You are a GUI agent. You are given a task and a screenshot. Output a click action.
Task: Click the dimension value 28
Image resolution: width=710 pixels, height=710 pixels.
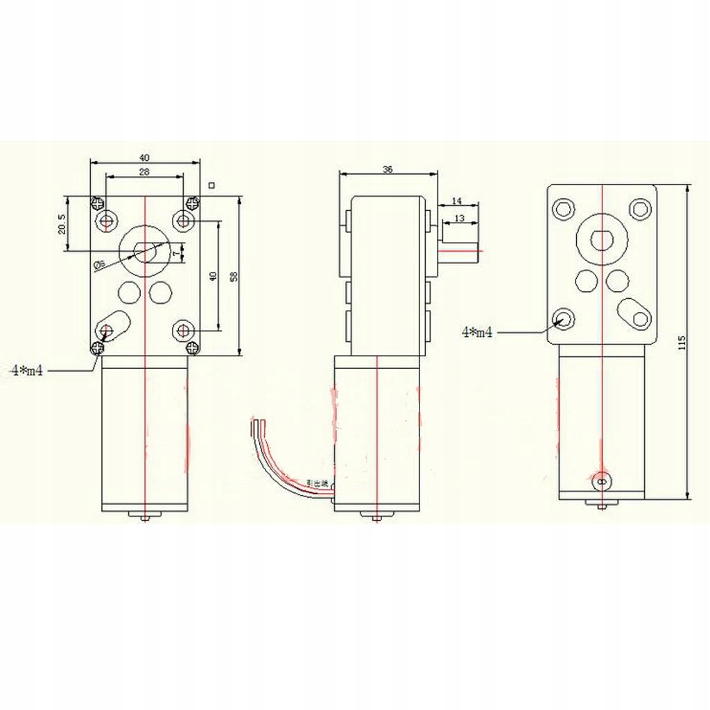tap(144, 172)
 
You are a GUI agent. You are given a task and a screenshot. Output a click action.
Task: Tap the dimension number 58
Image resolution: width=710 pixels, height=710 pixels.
tap(234, 275)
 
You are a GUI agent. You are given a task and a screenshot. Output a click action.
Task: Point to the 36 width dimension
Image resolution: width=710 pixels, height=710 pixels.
tap(388, 169)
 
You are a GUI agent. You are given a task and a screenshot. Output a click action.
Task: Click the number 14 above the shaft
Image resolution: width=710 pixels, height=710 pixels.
tap(456, 200)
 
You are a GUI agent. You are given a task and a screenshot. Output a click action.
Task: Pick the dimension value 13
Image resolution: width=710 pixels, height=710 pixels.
tap(459, 218)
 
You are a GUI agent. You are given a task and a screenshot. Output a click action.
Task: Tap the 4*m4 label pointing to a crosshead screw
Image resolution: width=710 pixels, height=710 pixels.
tap(27, 371)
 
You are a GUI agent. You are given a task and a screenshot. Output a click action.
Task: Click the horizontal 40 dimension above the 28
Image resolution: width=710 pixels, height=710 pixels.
tap(144, 157)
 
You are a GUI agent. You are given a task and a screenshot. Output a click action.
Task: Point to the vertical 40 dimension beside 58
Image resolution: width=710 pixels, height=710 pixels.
tap(214, 275)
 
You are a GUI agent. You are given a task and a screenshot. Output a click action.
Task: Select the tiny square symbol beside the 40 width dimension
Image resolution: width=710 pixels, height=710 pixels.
tap(211, 185)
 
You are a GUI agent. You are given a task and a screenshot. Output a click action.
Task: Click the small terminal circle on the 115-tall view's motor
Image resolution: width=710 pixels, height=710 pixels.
tap(601, 479)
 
